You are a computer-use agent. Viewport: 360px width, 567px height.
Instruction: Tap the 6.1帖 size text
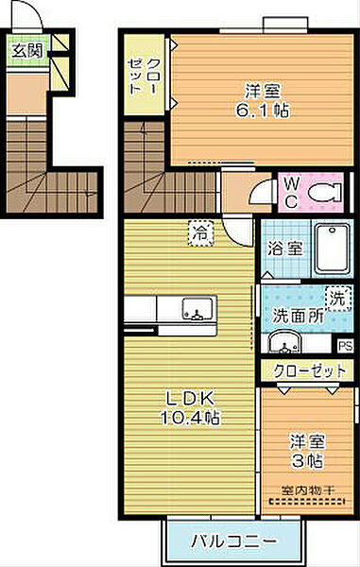(x=267, y=110)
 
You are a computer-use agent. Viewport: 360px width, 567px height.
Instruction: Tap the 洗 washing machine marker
(x=337, y=297)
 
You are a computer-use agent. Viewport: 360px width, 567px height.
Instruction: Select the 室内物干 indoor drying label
(x=307, y=490)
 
